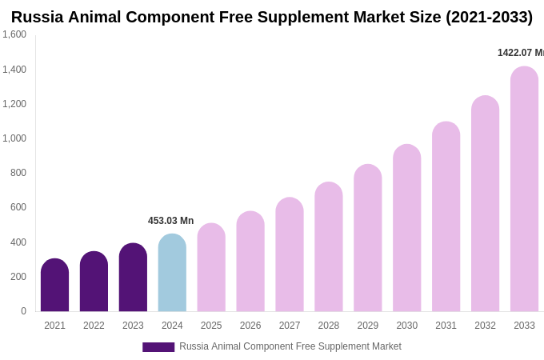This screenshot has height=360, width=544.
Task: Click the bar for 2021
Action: pos(54,286)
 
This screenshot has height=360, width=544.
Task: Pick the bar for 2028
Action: pos(329,247)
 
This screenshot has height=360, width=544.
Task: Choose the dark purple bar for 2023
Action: pos(133,278)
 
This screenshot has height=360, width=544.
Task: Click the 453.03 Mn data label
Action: pos(170,221)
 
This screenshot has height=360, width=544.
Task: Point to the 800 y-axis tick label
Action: pos(18,173)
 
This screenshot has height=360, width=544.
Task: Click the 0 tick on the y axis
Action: pos(23,311)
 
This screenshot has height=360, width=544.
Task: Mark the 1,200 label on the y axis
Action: pos(14,104)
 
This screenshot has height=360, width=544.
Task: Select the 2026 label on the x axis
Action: pos(250,326)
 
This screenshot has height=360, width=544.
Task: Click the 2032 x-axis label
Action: pos(485,326)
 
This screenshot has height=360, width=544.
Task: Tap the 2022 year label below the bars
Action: pos(94,326)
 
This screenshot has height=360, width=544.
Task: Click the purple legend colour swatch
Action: pos(158,347)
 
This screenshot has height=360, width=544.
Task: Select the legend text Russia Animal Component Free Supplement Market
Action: pos(290,346)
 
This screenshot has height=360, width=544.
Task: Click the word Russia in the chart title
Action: pos(37,17)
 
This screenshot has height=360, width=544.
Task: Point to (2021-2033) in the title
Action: pos(489,17)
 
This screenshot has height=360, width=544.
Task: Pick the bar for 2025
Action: pos(211,268)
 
